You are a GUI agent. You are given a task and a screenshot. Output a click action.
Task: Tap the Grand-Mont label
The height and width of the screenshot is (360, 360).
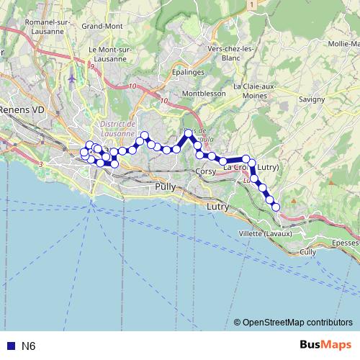click(102, 27)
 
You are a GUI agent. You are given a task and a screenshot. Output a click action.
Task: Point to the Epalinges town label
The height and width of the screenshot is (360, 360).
click(189, 72)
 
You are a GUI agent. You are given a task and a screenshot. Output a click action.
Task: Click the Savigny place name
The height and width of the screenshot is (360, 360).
click(310, 99)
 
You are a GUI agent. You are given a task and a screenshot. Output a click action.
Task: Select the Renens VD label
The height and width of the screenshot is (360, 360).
click(22, 109)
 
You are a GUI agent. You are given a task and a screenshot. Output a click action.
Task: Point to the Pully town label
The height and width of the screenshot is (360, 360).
click(165, 186)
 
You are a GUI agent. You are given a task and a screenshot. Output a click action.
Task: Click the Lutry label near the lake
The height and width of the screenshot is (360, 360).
click(217, 207)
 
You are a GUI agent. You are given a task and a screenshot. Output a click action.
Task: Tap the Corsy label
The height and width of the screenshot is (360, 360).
click(205, 172)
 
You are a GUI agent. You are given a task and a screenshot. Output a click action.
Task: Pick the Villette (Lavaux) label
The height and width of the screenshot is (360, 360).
click(264, 234)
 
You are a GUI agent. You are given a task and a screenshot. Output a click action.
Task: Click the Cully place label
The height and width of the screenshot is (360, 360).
click(307, 252)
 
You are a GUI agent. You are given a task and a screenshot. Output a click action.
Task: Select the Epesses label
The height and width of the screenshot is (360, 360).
click(346, 243)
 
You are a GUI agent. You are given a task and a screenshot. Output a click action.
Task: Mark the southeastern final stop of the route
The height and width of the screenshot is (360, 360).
click(276, 207)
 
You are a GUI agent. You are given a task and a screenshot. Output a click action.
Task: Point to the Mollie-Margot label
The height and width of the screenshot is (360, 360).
click(343, 44)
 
